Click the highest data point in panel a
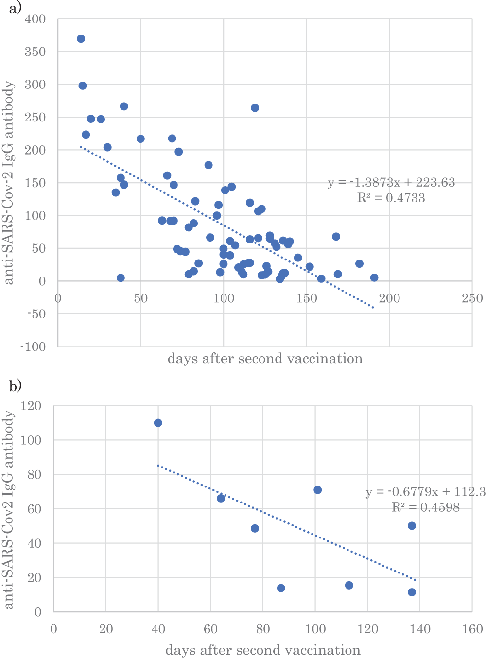81,39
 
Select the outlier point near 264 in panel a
255,108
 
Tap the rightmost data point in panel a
374,277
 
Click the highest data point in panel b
158,423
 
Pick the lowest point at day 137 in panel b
412,592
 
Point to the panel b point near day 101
317,490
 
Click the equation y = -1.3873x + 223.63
391,183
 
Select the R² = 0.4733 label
391,198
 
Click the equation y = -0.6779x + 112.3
426,492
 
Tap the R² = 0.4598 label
426,507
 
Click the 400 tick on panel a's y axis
35,19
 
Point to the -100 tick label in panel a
33,347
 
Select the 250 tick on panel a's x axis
472,298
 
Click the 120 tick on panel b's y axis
32,406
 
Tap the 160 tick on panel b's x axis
472,629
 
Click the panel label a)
15,8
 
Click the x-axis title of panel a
265,359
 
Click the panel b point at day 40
158,423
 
